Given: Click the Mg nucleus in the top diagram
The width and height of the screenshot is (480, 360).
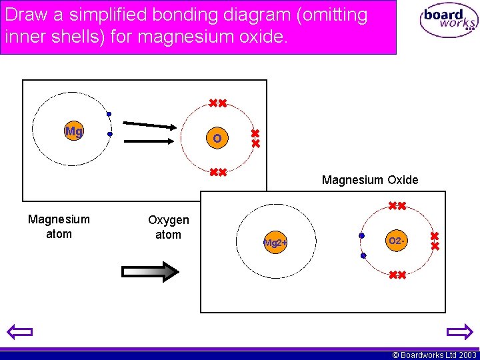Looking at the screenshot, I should (x=74, y=131).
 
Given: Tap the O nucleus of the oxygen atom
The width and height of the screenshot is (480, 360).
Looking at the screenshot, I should (x=217, y=139).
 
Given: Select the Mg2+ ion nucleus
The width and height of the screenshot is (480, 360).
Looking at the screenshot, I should (x=275, y=243).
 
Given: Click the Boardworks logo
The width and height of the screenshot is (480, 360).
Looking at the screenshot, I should (x=449, y=21).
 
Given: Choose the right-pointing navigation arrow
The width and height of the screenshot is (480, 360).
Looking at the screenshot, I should (x=459, y=331).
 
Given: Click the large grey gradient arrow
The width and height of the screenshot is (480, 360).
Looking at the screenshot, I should (x=150, y=271).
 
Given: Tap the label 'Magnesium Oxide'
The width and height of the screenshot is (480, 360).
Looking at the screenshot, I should (x=370, y=180).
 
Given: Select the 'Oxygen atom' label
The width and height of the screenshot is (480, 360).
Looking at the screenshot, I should (x=168, y=227).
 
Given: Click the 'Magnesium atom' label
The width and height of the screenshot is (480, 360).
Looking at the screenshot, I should (x=59, y=226).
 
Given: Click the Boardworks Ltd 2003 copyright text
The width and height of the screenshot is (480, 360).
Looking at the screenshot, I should (x=434, y=355).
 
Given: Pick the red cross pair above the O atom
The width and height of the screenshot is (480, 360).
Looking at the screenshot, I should (x=217, y=103).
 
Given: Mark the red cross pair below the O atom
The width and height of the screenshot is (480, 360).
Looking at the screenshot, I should (x=217, y=173).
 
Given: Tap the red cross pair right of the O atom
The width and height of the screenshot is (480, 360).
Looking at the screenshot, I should (x=255, y=139).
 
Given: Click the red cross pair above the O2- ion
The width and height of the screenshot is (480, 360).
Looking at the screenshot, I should (x=397, y=206).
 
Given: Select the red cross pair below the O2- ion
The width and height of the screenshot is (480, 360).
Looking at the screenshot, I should (x=397, y=275).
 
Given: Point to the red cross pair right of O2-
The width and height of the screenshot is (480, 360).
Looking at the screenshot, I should (x=435, y=241).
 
